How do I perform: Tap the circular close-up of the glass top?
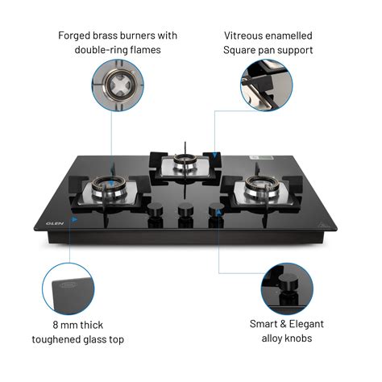[x=67, y=289]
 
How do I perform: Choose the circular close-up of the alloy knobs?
[x=285, y=288]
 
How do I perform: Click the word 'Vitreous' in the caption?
[x=247, y=36]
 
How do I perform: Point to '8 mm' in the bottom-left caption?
[x=67, y=325]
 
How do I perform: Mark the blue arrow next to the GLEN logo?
[x=75, y=218]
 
